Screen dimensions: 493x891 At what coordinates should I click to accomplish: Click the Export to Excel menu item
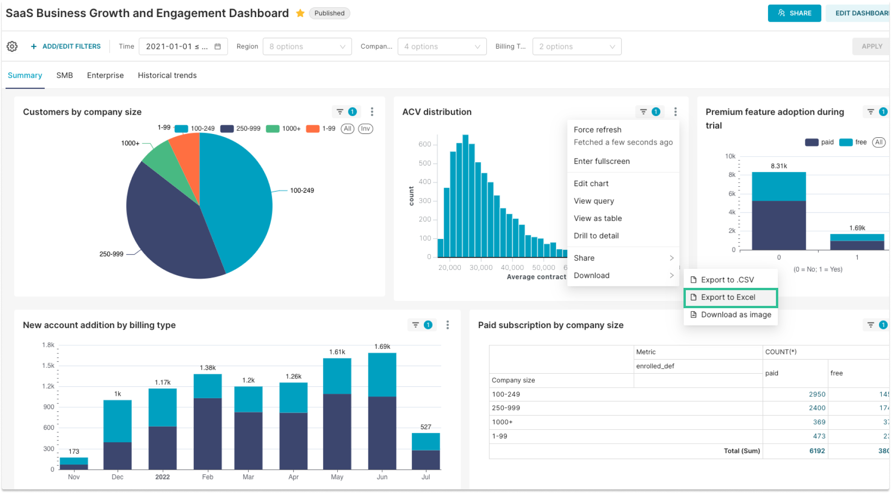click(x=728, y=297)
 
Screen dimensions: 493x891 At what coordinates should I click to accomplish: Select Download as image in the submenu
click(x=736, y=315)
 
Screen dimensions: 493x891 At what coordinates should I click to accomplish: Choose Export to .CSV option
click(x=727, y=280)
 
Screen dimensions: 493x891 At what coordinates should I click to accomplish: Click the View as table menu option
click(x=598, y=218)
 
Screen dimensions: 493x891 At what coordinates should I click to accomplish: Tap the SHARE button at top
click(x=794, y=13)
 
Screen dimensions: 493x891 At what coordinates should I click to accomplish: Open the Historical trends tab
click(x=167, y=75)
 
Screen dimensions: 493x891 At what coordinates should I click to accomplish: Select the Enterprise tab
click(x=105, y=75)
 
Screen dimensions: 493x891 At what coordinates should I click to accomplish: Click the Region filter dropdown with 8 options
click(x=307, y=46)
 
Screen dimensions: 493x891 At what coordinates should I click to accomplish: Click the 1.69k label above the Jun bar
click(x=382, y=347)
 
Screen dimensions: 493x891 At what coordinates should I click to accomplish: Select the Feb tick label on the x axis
click(x=207, y=477)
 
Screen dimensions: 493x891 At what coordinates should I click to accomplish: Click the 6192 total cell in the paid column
click(x=817, y=450)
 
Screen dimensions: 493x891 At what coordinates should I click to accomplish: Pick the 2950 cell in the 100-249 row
click(x=817, y=394)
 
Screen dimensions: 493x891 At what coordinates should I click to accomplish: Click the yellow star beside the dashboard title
click(x=300, y=13)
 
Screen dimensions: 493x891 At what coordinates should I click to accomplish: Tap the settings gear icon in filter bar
click(x=12, y=46)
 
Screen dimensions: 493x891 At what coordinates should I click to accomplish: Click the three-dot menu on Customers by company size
click(x=372, y=112)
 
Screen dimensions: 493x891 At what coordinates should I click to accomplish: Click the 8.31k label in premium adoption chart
click(x=779, y=166)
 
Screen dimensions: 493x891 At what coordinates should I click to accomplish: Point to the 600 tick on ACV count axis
click(x=425, y=144)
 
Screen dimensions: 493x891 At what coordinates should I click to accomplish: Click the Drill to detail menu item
click(x=596, y=236)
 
